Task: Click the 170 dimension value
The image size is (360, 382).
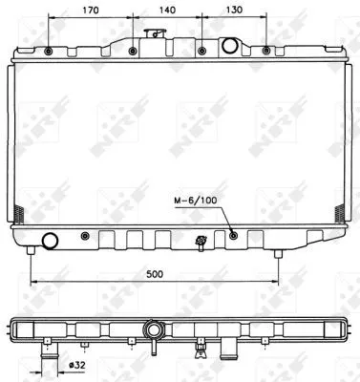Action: (x=91, y=11)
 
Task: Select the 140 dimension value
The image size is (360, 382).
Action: (x=167, y=11)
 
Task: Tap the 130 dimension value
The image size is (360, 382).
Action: (x=234, y=11)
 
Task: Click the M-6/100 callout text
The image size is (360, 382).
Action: (x=196, y=200)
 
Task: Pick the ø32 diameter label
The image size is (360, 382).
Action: (x=79, y=364)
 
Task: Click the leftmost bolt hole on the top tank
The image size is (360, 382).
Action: (x=48, y=51)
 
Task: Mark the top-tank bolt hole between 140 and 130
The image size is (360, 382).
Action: (x=201, y=51)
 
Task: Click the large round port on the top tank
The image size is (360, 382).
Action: (x=230, y=46)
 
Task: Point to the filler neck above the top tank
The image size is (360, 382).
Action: (x=149, y=35)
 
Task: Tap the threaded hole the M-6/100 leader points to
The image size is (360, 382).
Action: (x=233, y=234)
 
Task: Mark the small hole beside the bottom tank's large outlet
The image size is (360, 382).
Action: (x=86, y=236)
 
